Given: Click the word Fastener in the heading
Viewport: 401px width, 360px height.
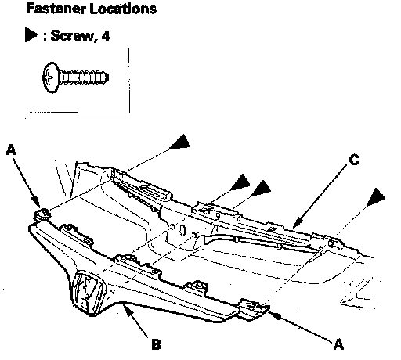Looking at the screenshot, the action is [56, 9].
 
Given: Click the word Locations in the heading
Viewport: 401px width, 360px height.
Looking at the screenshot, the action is [123, 9].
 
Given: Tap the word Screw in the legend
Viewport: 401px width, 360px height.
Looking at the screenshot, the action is [71, 35].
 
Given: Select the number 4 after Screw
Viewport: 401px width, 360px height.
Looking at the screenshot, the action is [105, 36].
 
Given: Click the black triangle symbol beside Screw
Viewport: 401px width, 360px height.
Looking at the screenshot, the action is [31, 34].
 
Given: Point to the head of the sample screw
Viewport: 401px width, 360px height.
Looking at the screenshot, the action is [50, 77].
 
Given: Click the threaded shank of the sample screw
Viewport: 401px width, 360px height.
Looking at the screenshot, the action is [84, 77].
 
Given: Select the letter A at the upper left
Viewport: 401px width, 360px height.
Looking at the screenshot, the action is [11, 150].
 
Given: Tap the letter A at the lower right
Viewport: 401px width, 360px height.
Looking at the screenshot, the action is [338, 344].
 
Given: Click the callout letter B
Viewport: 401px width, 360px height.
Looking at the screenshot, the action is [156, 344].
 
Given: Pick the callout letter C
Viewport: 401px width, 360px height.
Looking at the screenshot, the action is [354, 160].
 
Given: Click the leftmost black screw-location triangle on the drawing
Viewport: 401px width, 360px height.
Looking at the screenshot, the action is [181, 142].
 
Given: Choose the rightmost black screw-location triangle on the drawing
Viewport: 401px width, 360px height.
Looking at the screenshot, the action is [376, 197].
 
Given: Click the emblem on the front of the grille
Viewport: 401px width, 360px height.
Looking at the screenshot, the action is [89, 292].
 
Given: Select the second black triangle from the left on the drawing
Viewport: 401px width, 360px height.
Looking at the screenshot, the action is [241, 182].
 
